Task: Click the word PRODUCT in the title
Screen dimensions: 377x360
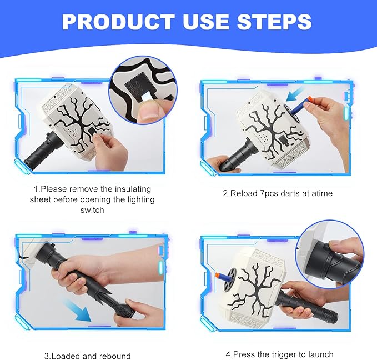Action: [x=118, y=22]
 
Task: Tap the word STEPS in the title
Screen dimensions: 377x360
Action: [x=274, y=22]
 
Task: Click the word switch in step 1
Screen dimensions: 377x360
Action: [x=92, y=210]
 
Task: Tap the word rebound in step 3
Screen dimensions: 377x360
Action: [x=115, y=356]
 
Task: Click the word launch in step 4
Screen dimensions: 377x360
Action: [x=321, y=354]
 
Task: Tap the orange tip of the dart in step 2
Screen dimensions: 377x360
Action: [x=309, y=99]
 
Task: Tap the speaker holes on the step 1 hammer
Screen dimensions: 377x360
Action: [x=73, y=132]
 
